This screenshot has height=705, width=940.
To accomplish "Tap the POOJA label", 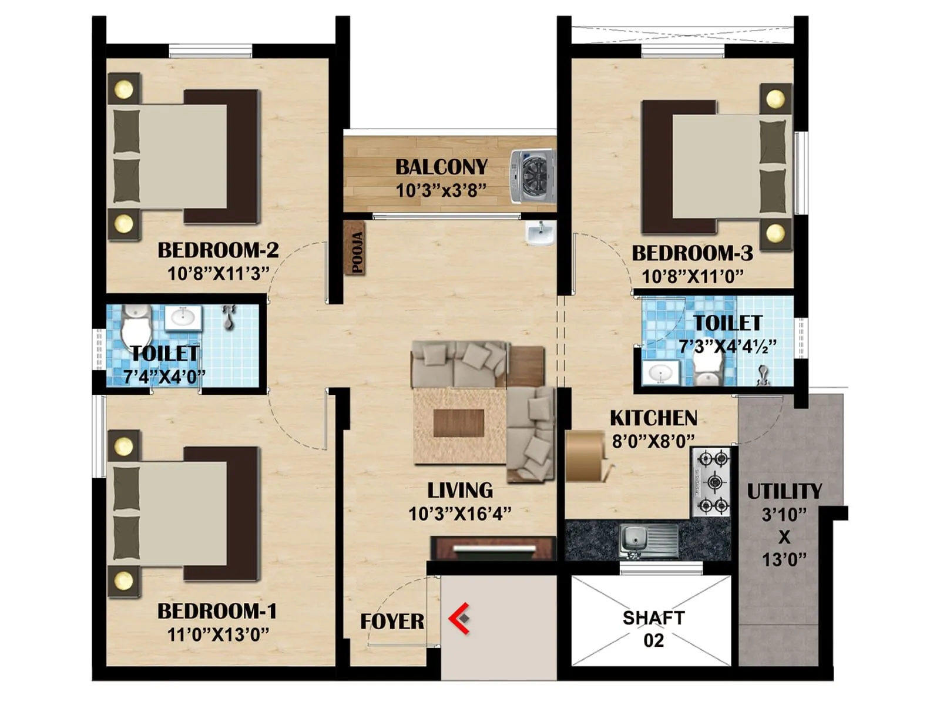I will [x=356, y=252].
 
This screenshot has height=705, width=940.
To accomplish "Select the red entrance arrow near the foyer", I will [x=459, y=618].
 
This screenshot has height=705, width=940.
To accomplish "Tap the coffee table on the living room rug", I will [x=458, y=423].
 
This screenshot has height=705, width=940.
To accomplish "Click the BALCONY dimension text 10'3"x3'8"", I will [x=441, y=191].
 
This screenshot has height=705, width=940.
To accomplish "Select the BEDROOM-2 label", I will [x=218, y=250].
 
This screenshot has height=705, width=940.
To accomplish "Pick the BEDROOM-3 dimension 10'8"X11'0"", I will [x=692, y=276].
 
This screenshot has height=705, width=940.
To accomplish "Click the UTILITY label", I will [x=784, y=491].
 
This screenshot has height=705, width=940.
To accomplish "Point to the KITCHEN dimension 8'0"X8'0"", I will [x=653, y=441].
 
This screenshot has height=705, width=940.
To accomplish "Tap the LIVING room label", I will [x=460, y=490].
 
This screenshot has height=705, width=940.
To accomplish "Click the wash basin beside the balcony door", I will [x=539, y=234].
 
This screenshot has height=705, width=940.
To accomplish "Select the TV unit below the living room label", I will [x=493, y=549].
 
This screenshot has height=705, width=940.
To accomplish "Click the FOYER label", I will [x=392, y=621].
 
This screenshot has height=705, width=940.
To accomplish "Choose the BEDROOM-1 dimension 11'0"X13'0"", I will [x=218, y=634].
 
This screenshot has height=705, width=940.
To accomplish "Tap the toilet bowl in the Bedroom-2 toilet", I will [x=136, y=329].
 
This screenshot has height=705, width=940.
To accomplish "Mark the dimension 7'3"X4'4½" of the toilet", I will [x=727, y=347].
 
